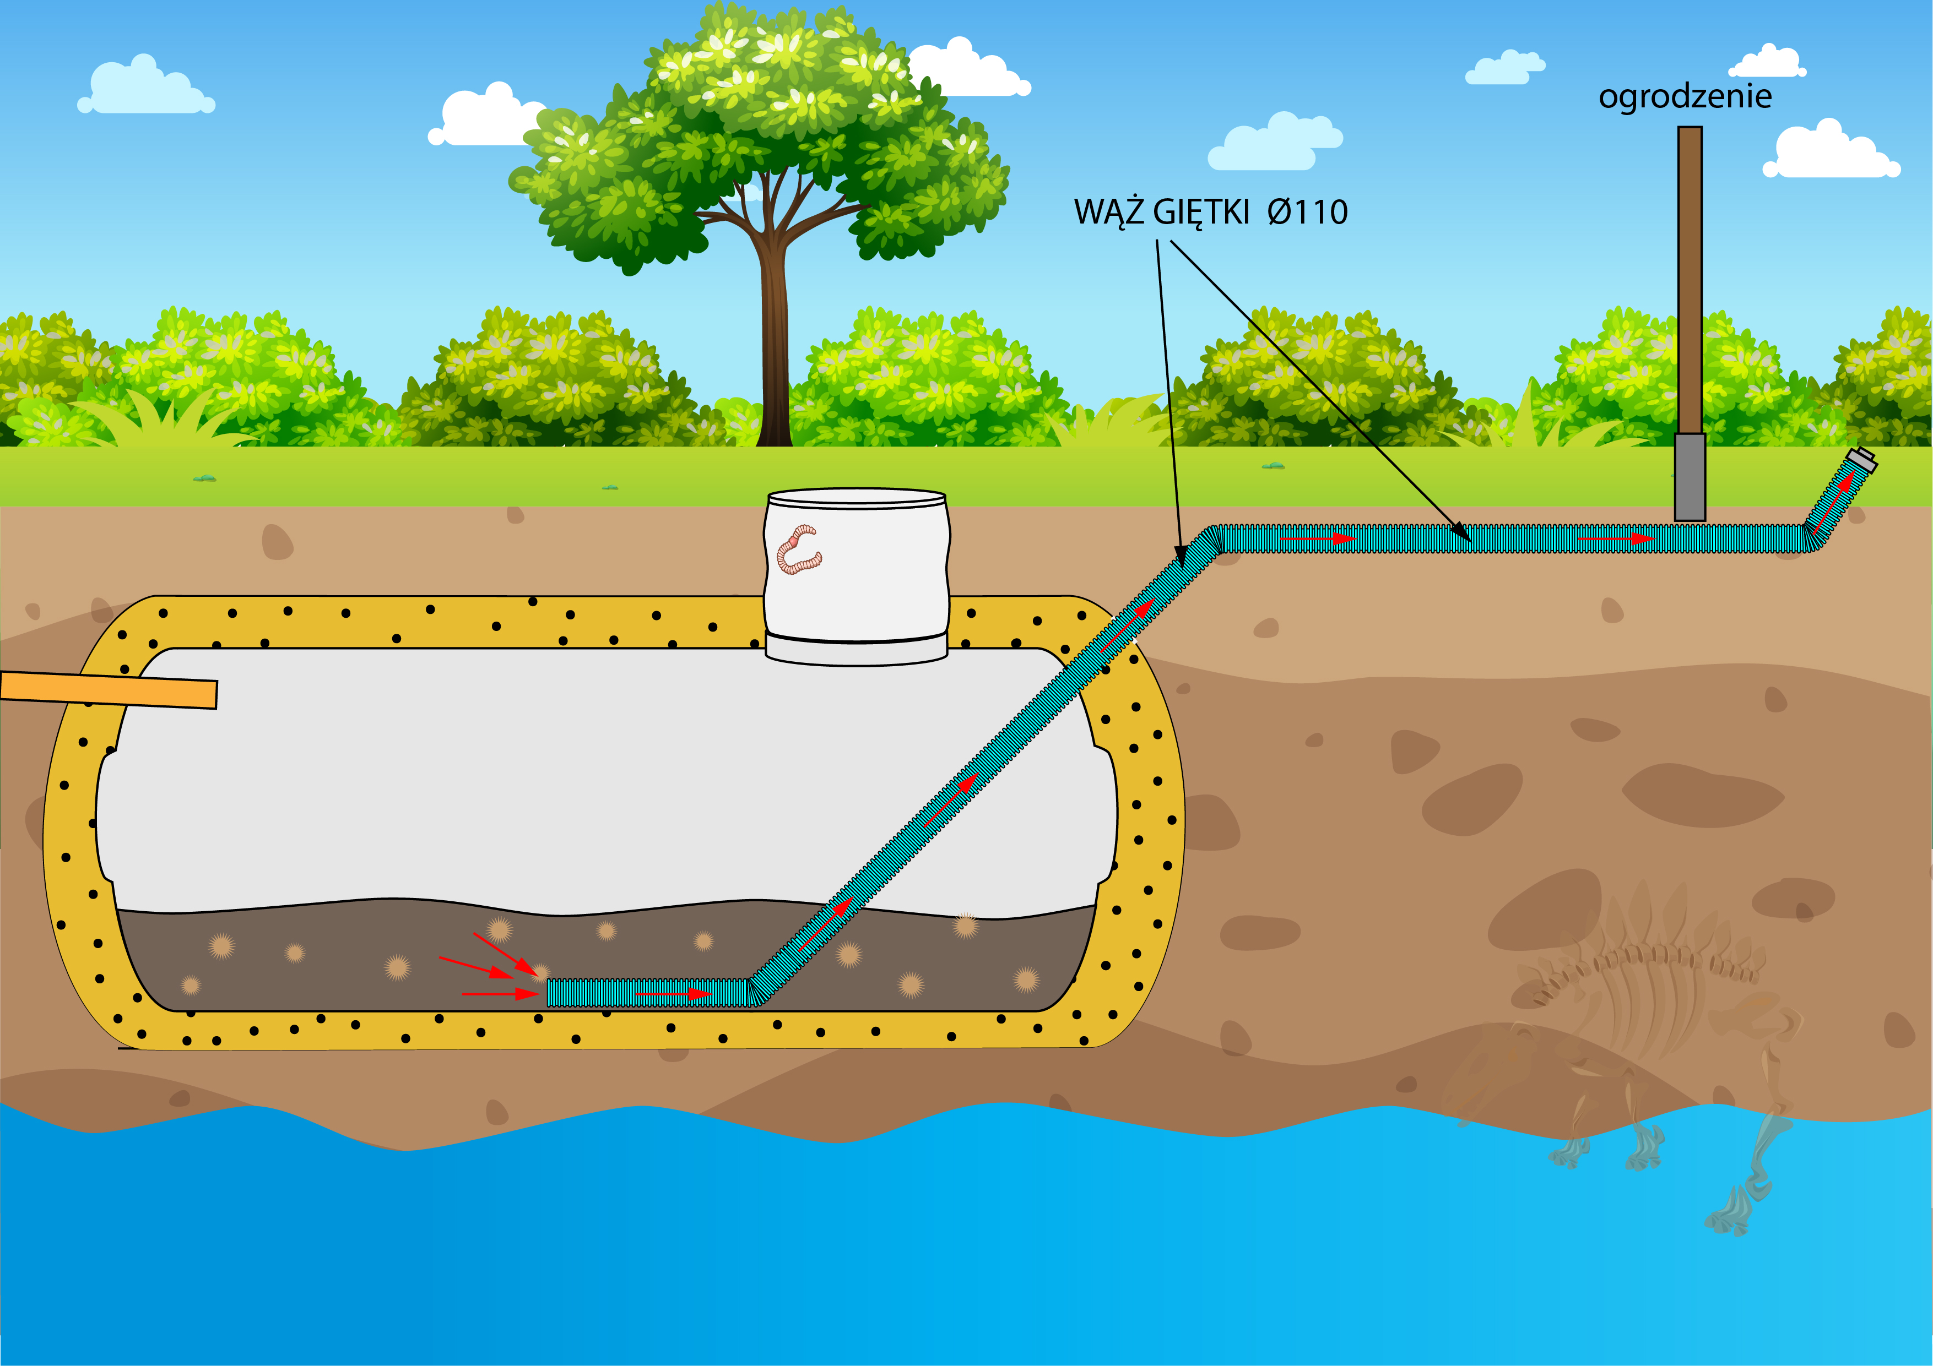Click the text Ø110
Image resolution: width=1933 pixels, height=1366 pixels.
[1307, 212]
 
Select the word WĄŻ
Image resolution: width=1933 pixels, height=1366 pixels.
[1109, 212]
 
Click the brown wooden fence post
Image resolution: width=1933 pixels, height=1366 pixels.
[1690, 277]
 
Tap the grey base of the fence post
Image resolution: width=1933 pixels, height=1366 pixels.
[1690, 477]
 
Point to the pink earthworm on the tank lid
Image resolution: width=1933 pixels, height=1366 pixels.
[797, 549]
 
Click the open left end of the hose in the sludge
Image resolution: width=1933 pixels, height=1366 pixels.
[551, 993]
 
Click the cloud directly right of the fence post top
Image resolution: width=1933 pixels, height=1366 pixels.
[1831, 151]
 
